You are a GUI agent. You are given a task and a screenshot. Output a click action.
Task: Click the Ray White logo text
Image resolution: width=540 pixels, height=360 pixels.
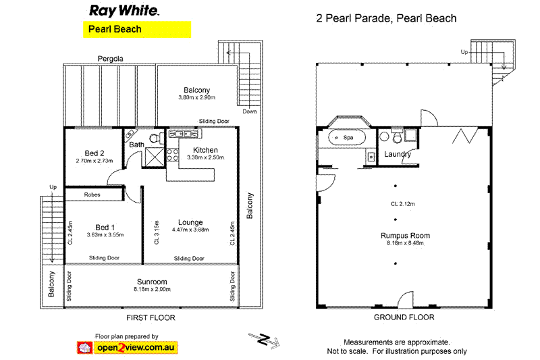pyautogui.click(x=124, y=11)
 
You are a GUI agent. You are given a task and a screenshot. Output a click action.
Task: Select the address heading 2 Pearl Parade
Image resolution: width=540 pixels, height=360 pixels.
pyautogui.click(x=386, y=18)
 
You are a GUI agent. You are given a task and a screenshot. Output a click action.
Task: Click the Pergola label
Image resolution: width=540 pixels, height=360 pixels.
pyautogui.click(x=110, y=59)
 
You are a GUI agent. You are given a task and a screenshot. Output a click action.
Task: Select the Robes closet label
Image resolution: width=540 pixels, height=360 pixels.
pyautogui.click(x=93, y=195)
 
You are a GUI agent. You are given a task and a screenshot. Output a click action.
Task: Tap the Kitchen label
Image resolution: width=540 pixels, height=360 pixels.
pyautogui.click(x=205, y=150)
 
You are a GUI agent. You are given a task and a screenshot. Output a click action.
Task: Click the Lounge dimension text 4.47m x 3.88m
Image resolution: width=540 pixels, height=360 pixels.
pyautogui.click(x=190, y=230)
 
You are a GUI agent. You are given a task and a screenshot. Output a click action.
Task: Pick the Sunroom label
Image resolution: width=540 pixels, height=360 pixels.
pyautogui.click(x=150, y=282)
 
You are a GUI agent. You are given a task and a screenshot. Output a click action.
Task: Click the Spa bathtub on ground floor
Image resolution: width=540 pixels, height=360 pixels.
pyautogui.click(x=347, y=138)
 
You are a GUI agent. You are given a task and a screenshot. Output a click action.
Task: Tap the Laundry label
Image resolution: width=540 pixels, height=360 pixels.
pyautogui.click(x=398, y=155)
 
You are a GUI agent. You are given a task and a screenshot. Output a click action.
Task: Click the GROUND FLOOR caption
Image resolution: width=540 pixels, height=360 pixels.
pyautogui.click(x=404, y=317)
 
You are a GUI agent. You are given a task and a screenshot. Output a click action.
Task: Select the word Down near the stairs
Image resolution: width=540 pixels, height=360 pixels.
pyautogui.click(x=250, y=112)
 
